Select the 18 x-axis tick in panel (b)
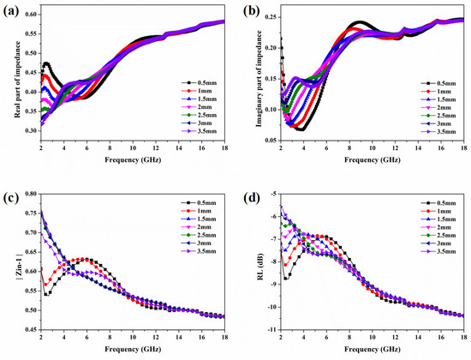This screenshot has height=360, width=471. pos(465,148)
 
